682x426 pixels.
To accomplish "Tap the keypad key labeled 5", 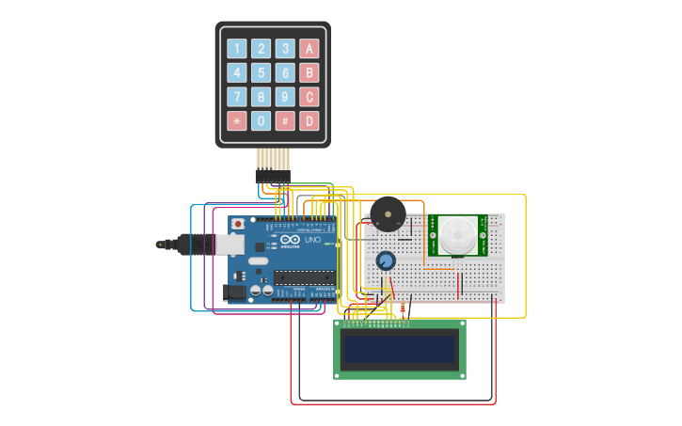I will tap(261, 72).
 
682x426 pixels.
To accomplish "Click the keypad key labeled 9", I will tap(285, 97).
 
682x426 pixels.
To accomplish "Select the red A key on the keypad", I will tap(309, 48).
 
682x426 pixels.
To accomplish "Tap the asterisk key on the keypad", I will tap(236, 121).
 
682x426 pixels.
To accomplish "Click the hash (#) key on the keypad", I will tap(285, 121).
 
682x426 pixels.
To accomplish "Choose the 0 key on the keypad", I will tap(261, 121).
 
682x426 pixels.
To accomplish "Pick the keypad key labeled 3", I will tap(285, 48).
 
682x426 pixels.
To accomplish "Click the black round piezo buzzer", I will tap(388, 214).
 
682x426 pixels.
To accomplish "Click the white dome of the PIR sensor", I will tap(458, 235).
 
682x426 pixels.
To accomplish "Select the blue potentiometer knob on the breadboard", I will tap(386, 260).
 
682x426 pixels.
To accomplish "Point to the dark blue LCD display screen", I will tap(400, 350).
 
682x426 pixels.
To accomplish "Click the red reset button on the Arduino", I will tap(238, 225).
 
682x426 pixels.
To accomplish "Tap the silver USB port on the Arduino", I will tap(230, 245).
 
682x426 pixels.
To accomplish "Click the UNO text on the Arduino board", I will tap(313, 240).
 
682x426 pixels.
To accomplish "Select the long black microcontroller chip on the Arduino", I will tap(304, 277).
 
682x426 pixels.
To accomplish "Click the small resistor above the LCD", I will tap(403, 308).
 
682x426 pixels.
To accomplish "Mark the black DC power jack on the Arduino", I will tap(235, 292).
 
